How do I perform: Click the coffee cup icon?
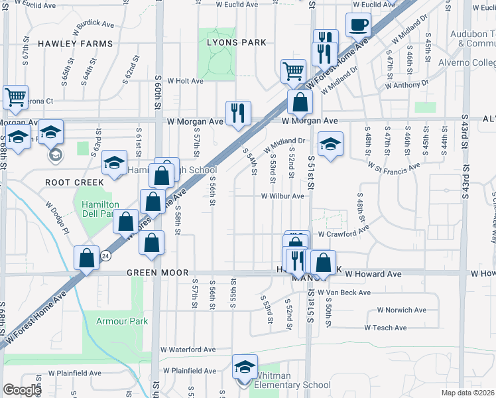coord(359,25)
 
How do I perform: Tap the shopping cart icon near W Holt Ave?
coord(293,71)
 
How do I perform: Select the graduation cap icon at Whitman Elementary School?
coord(245,367)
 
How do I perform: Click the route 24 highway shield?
coord(105,254)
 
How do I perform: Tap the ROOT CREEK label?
coord(74,182)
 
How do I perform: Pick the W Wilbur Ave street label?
coord(282,196)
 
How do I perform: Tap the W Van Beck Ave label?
coord(344,292)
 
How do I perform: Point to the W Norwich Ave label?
coord(401,310)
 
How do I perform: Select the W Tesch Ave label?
coord(385,328)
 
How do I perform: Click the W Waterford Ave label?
coord(188,350)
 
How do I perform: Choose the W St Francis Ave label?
coord(394,167)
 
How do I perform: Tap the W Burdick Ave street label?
coord(94,25)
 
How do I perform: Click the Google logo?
coord(21,390)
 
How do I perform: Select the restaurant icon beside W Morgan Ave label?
coord(237,113)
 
